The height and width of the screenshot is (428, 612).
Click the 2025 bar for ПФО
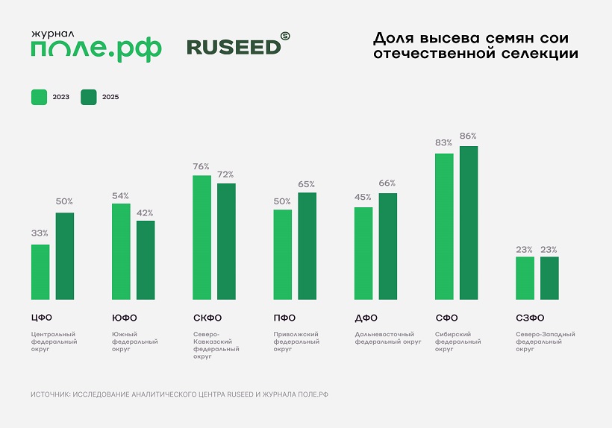click(307, 246)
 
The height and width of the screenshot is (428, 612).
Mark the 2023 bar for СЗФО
click(525, 278)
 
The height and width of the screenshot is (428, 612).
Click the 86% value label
click(469, 136)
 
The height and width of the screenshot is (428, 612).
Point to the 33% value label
click(40, 233)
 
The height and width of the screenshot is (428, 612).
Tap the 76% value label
click(202, 166)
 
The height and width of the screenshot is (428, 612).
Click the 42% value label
click(145, 213)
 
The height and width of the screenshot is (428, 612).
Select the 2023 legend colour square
click(39, 97)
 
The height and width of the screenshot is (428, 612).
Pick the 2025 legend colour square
click(89, 97)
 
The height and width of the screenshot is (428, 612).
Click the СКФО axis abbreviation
click(207, 318)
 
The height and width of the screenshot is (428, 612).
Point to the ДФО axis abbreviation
click(366, 318)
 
